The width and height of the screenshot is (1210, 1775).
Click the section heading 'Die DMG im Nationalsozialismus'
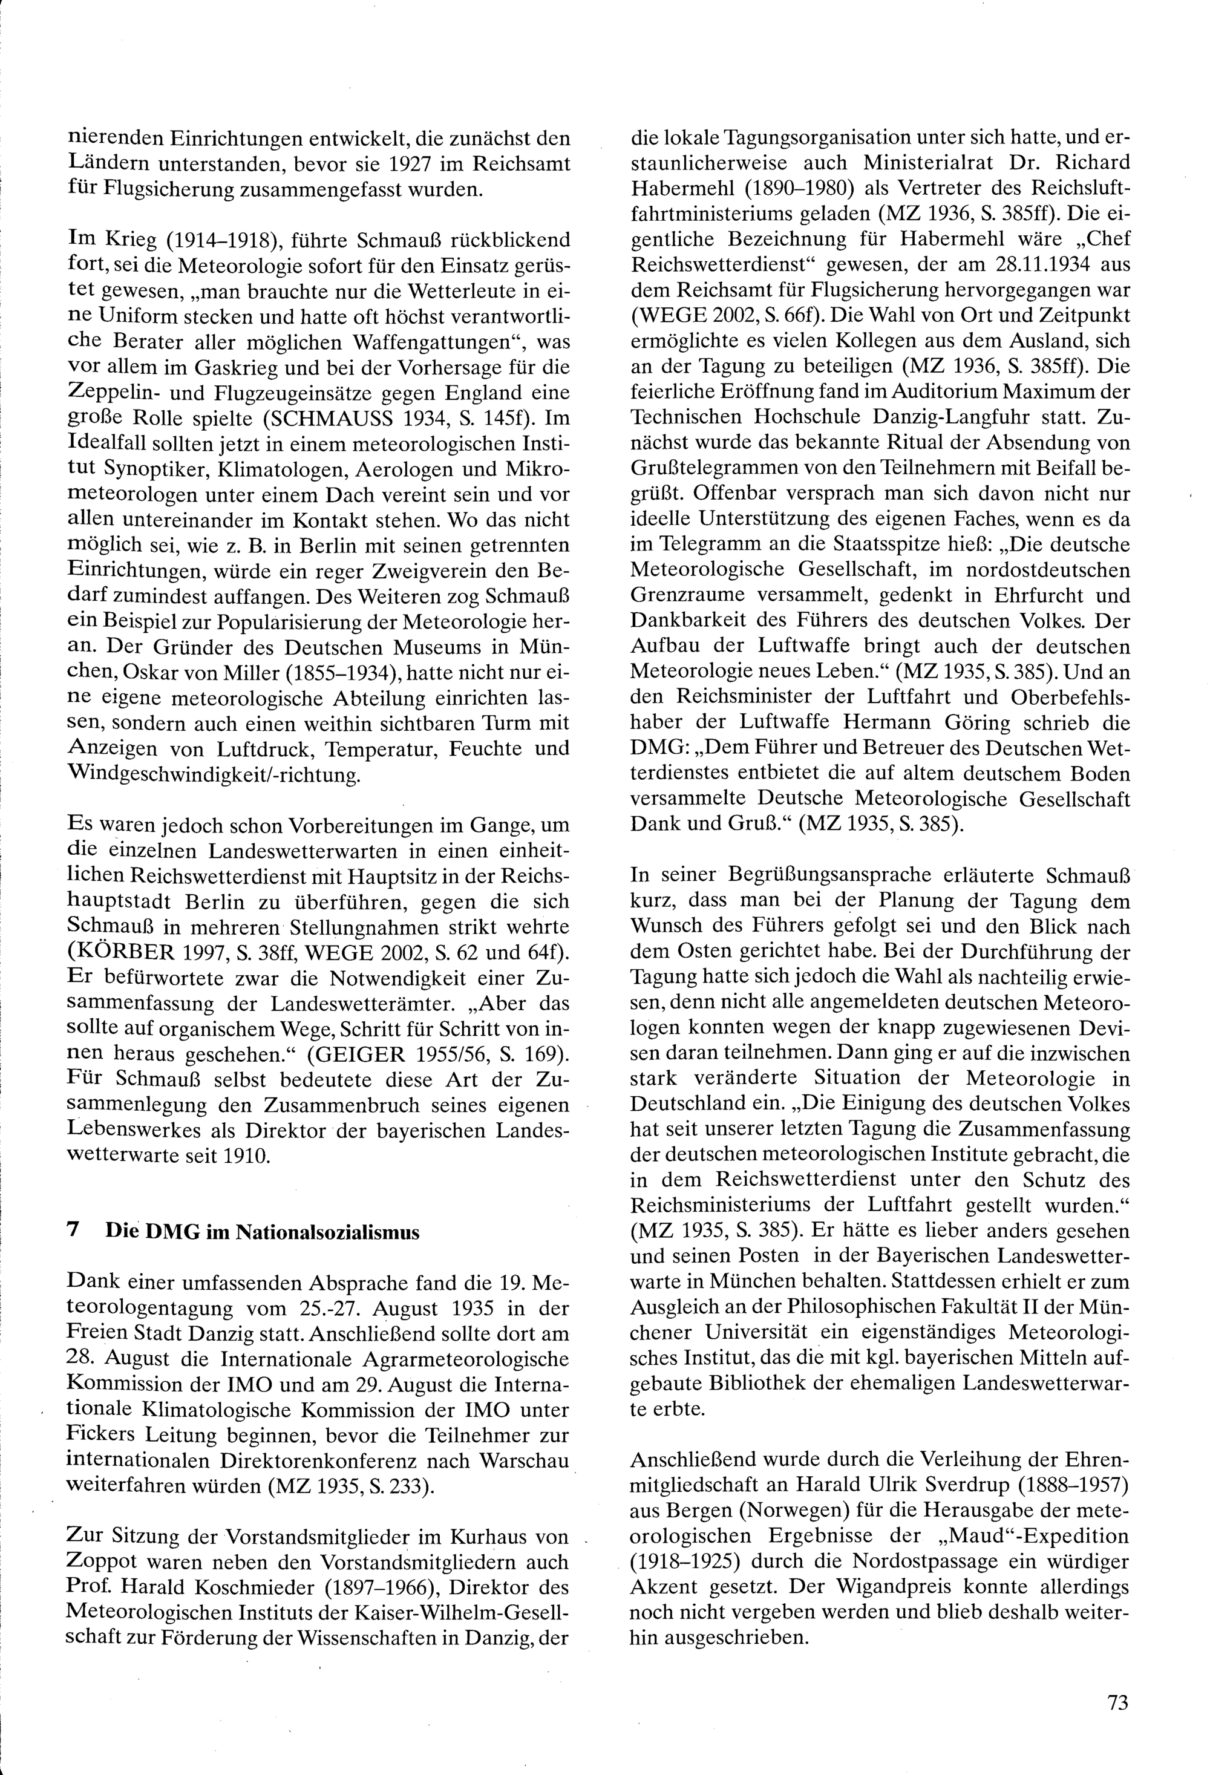262,1232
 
